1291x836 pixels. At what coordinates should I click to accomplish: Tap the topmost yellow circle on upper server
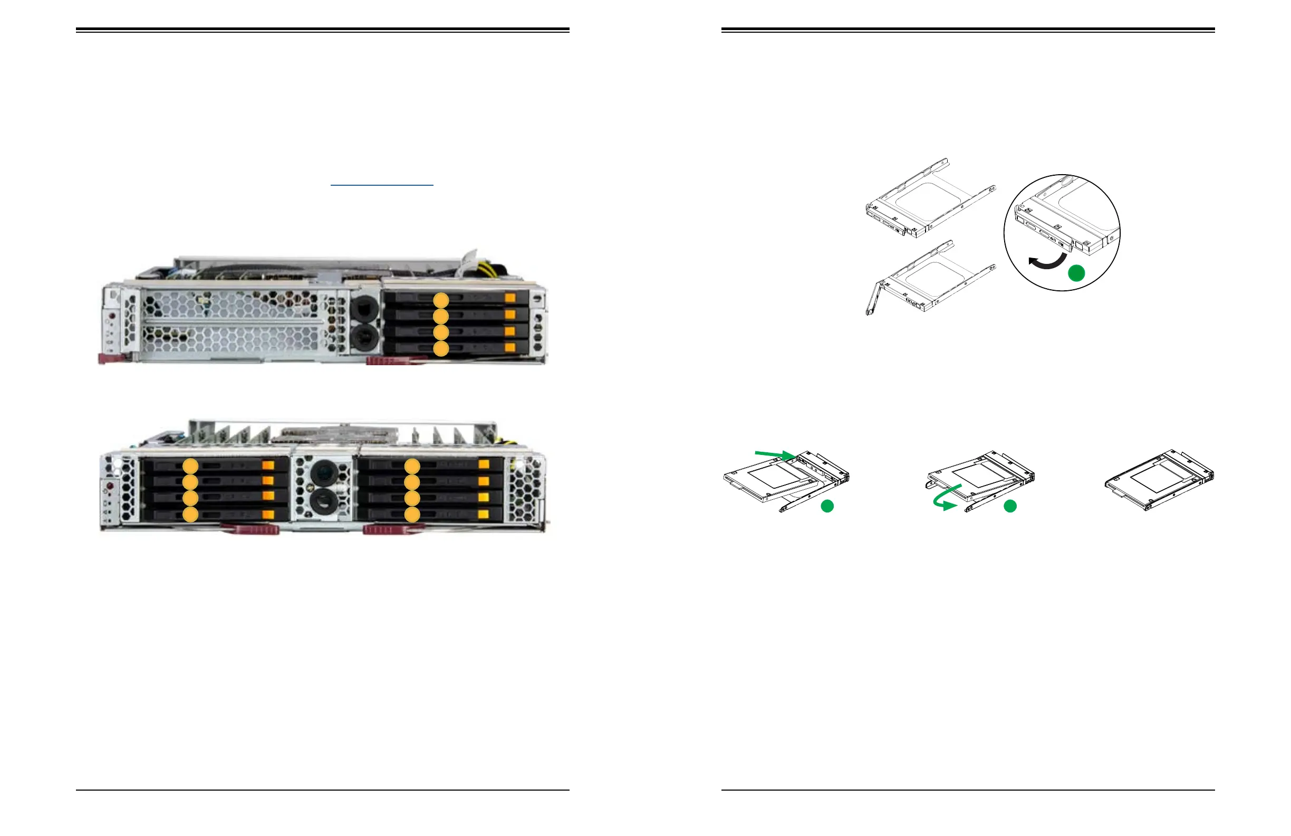click(x=441, y=300)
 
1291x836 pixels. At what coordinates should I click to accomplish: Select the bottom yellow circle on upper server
click(x=441, y=349)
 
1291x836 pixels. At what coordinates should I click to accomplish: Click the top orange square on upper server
click(x=510, y=298)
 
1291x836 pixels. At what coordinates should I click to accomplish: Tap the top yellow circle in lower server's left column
click(x=190, y=466)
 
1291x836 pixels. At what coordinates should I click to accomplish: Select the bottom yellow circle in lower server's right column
click(x=412, y=515)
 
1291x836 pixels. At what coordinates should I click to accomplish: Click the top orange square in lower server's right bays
click(x=484, y=464)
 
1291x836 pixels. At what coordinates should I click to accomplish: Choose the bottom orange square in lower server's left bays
click(x=268, y=515)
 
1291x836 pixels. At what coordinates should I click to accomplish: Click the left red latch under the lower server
click(x=250, y=529)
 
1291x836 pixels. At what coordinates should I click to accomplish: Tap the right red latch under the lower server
click(x=393, y=529)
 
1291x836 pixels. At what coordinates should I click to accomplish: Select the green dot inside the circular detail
click(x=1076, y=273)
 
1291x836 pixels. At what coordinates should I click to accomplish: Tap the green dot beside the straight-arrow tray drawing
click(x=827, y=507)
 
